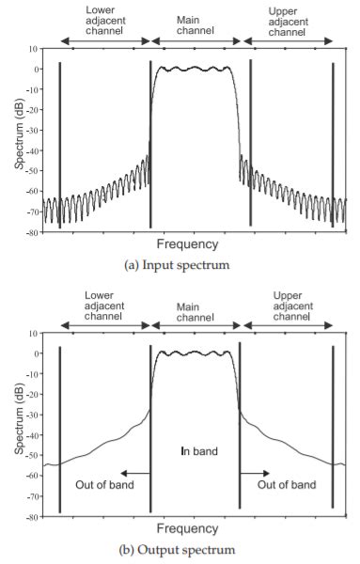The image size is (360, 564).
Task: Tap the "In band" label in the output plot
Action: pyautogui.click(x=198, y=451)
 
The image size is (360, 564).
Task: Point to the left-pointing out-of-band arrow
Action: pyautogui.click(x=136, y=475)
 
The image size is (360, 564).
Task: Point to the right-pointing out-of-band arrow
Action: pyautogui.click(x=253, y=475)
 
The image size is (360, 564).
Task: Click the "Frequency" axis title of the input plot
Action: pyautogui.click(x=193, y=244)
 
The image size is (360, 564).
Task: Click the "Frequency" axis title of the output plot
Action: pyautogui.click(x=193, y=529)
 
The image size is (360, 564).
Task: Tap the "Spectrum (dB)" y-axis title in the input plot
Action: pyautogui.click(x=20, y=139)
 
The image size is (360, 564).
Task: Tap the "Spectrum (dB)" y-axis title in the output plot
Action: pyautogui.click(x=20, y=424)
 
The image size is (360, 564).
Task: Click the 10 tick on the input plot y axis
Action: pyautogui.click(x=33, y=48)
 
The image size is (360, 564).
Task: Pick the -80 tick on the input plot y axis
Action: pyautogui.click(x=31, y=231)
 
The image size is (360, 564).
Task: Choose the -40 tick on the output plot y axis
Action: pyautogui.click(x=31, y=435)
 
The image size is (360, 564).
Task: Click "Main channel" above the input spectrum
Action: pyautogui.click(x=196, y=24)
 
